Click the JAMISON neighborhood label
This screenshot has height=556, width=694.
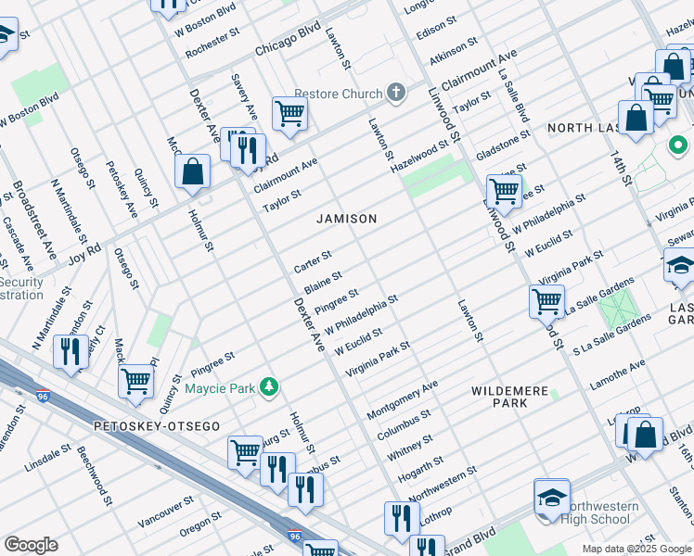click(x=347, y=219)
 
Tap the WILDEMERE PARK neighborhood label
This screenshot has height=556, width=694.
click(x=509, y=397)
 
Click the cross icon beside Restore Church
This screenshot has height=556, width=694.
click(x=396, y=94)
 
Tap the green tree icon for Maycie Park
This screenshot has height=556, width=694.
click(x=269, y=386)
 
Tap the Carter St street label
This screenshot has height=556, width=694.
click(x=313, y=261)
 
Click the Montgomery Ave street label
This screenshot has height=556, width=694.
click(x=402, y=398)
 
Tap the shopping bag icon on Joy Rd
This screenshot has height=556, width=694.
click(x=192, y=171)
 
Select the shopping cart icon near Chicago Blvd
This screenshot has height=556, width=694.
click(x=289, y=114)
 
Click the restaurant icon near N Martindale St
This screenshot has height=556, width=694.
click(x=71, y=351)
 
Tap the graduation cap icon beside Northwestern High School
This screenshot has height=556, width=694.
click(x=552, y=498)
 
